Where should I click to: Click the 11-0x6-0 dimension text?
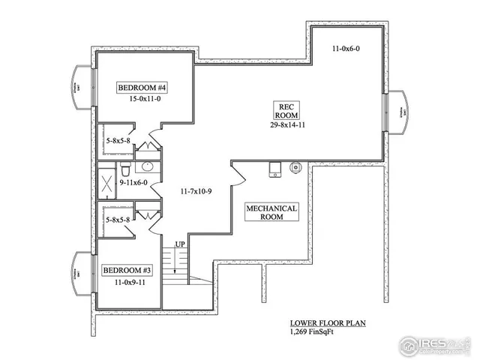coord(347,49)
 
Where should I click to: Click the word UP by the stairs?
coord(181,245)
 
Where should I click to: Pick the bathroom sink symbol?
coord(148,166)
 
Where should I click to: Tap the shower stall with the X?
coord(107,181)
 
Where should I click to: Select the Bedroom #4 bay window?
coord(80,90)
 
